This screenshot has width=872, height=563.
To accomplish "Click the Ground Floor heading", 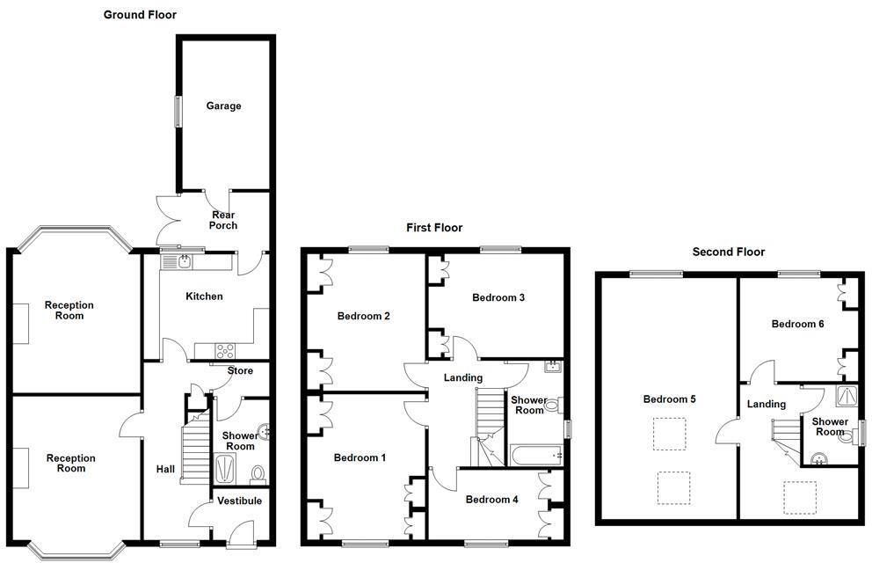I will coord(140,15).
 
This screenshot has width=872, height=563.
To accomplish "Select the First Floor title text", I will coord(433,228).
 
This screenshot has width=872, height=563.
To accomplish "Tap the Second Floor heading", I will coord(728,252).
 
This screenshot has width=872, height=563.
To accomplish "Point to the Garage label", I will coord(223,106).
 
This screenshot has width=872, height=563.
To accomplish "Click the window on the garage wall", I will coord(178,112).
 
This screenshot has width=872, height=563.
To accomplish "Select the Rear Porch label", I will coord(223,220).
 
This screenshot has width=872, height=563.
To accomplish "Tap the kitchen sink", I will coord(185,260).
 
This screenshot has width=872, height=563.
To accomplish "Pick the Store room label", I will coord(240,371).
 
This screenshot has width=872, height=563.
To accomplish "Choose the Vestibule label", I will coord(239,501).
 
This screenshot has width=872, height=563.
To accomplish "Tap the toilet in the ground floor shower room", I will coord(258,475).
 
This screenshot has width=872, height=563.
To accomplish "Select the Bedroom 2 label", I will coord(363,316).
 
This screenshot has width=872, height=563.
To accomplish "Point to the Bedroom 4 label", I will coord(491,500).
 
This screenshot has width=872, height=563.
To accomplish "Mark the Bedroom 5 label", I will coord(669,399).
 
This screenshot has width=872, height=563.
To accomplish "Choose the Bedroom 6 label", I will coord(797,324).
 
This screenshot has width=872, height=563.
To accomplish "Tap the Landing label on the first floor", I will coord(462,378).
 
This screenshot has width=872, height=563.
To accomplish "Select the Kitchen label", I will coord(204,296).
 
